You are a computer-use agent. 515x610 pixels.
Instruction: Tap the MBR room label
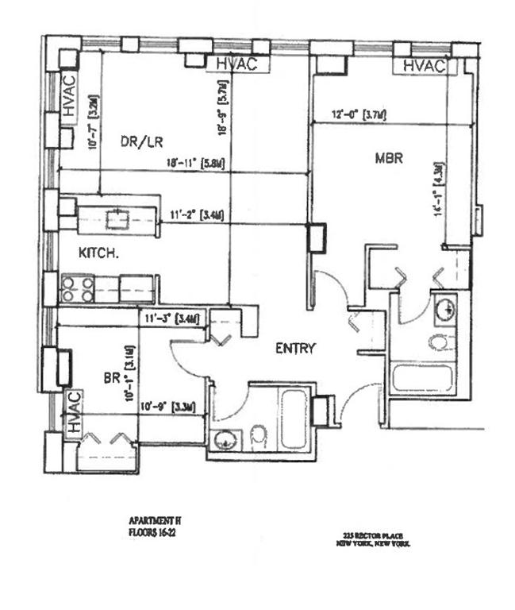pyautogui.click(x=389, y=159)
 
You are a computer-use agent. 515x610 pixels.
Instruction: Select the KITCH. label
pyautogui.click(x=98, y=254)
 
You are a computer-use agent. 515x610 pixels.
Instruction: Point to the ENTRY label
pyautogui.click(x=295, y=348)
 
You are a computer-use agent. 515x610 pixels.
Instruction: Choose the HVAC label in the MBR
pyautogui.click(x=425, y=67)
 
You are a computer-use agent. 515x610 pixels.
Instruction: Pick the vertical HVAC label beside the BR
pyautogui.click(x=74, y=413)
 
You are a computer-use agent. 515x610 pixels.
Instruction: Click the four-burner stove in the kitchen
pyautogui.click(x=78, y=288)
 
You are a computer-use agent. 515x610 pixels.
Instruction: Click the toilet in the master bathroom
pyautogui.click(x=440, y=342)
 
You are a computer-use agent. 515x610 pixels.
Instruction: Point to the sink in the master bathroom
pyautogui.click(x=446, y=306)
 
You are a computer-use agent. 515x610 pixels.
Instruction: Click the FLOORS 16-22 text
pyautogui.click(x=152, y=533)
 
